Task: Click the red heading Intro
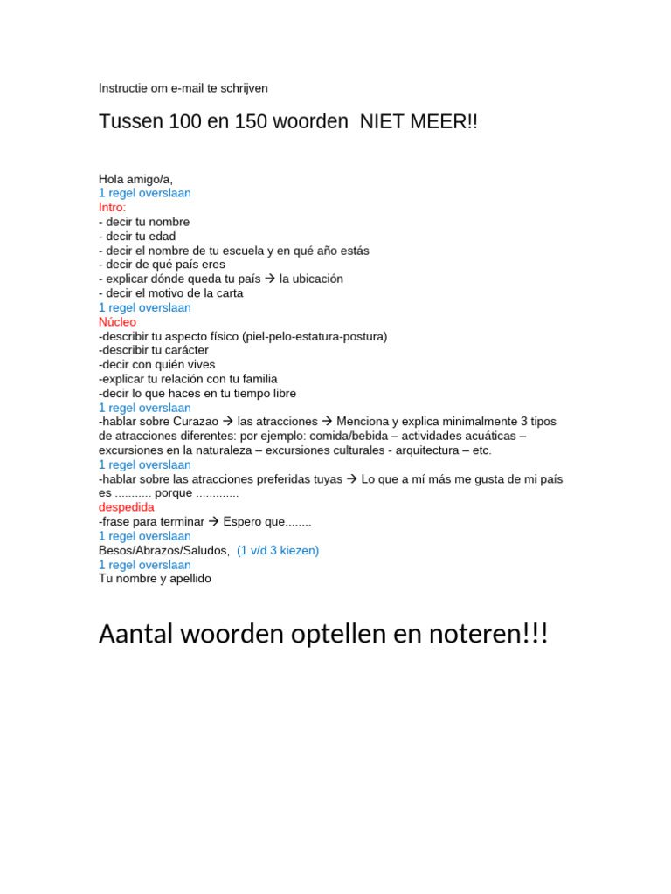click(x=112, y=208)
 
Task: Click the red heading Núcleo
click(x=117, y=322)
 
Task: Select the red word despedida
click(x=126, y=507)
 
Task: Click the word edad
click(x=162, y=237)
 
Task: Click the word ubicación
click(x=311, y=279)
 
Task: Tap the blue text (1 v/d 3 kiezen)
click(x=278, y=551)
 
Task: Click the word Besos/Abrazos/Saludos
click(x=164, y=551)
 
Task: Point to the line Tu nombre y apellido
click(x=155, y=579)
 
